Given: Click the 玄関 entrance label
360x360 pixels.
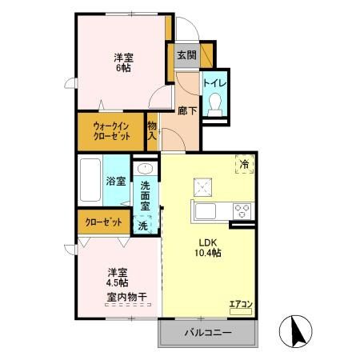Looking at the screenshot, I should pos(186,55).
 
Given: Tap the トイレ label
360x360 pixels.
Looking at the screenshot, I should pos(214,81).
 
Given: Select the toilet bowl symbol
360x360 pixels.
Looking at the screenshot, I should pos(214,103).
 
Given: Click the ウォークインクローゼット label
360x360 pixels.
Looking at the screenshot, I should pos(111,130).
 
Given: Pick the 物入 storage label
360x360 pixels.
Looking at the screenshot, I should pos(152,130).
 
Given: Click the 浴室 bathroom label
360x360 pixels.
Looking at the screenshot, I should pos(116,182).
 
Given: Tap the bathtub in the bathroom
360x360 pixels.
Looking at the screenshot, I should pos(90,181).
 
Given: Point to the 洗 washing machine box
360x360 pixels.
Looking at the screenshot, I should pos(143,226).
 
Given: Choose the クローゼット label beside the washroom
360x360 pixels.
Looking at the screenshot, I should pos(104,222).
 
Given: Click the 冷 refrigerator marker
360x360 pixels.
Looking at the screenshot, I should pos(243,164).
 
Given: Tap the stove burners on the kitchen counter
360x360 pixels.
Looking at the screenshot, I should pos(242,210).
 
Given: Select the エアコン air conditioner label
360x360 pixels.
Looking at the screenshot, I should pos(241,303).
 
